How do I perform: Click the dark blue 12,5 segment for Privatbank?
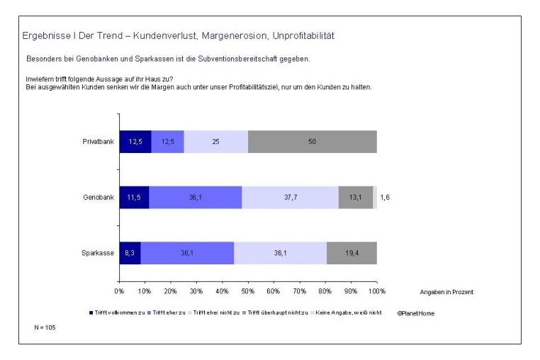[135, 142]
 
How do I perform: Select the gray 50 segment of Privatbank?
[313, 142]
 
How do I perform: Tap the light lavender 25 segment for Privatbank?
[216, 142]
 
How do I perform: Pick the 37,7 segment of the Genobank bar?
[291, 198]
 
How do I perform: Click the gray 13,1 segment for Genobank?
[356, 198]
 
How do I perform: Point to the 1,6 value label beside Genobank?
[385, 198]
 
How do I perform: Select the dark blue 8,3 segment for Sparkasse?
[130, 253]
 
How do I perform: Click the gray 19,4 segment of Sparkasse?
[352, 253]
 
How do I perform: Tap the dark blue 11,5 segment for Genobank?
[135, 198]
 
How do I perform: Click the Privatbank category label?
[99, 142]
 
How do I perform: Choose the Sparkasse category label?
[98, 253]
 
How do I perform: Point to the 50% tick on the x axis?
[248, 291]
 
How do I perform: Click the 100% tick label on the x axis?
[377, 291]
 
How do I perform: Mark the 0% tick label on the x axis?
[119, 291]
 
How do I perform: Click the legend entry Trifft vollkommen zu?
[117, 313]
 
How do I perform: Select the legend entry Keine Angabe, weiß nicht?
[346, 313]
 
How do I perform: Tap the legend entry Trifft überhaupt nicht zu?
[275, 313]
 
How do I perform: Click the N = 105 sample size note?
[45, 327]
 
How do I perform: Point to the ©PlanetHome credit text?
[416, 313]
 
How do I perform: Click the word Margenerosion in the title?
[234, 36]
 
